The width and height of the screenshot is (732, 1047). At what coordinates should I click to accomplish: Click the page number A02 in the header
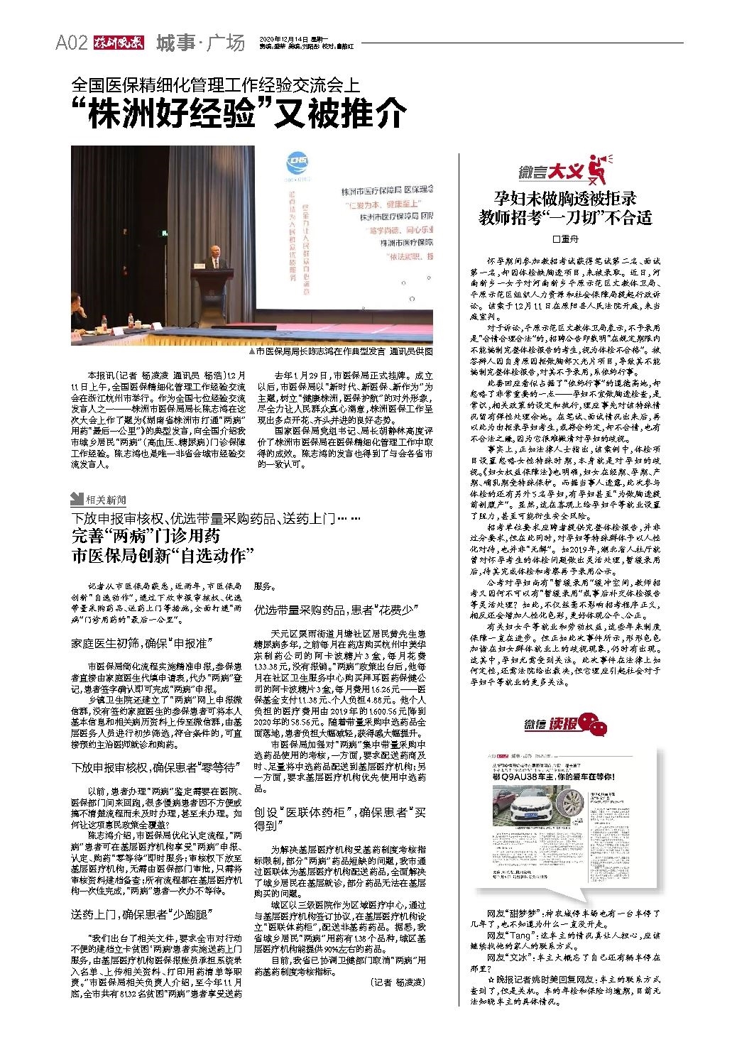click(x=71, y=43)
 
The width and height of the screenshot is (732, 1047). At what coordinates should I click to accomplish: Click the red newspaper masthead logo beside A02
click(x=118, y=43)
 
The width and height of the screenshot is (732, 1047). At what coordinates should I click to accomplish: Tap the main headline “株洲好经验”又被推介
click(x=239, y=112)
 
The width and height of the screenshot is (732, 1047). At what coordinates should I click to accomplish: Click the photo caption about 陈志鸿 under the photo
click(x=342, y=351)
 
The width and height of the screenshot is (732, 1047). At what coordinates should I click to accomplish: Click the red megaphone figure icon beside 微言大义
click(x=599, y=170)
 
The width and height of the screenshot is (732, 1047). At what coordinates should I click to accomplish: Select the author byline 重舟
click(x=565, y=239)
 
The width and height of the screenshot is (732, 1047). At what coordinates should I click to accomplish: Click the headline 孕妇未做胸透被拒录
click(x=565, y=198)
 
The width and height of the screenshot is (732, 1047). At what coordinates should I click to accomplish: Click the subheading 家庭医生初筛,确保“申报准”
click(x=141, y=643)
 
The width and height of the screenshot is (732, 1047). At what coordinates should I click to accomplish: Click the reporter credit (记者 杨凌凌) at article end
click(x=398, y=982)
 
